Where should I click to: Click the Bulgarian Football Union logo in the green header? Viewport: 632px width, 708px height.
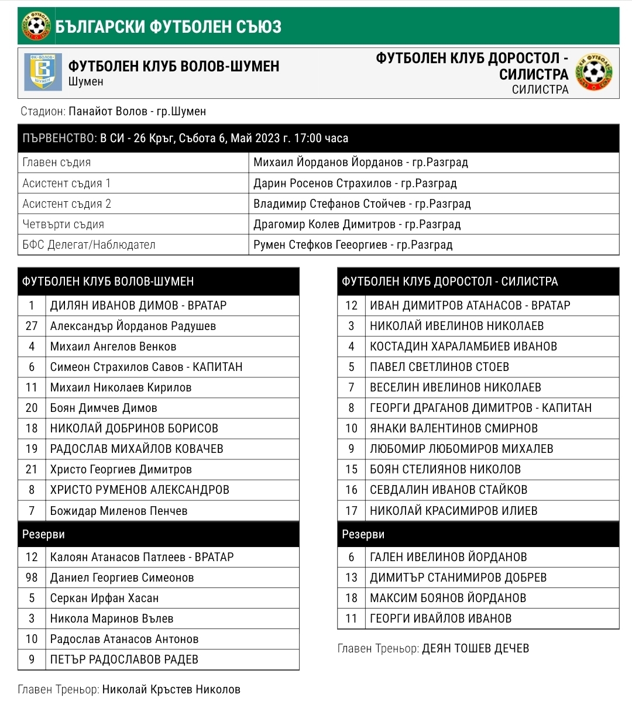(36, 26)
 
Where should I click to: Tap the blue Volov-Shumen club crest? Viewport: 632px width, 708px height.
(43, 72)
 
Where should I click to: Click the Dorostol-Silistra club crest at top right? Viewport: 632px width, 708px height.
(594, 72)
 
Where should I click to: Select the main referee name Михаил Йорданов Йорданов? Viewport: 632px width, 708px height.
(328, 163)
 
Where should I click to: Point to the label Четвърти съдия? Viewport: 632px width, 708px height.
(63, 224)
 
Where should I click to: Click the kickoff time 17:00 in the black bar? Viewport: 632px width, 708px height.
(308, 139)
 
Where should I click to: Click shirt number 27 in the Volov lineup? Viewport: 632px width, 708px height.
(32, 326)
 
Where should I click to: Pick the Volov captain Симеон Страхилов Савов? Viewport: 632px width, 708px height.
(117, 367)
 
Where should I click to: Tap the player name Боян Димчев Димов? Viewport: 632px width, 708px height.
(104, 408)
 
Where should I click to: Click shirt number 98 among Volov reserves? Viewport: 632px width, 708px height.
(32, 578)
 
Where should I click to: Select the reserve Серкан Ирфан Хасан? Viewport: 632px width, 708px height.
(104, 598)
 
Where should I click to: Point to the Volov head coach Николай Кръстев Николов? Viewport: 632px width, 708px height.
(171, 689)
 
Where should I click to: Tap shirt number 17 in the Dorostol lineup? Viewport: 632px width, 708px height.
(351, 511)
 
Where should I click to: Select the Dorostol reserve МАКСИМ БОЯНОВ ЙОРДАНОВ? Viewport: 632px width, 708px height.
(448, 598)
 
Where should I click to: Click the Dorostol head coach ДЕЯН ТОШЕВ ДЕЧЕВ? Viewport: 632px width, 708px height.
(475, 648)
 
